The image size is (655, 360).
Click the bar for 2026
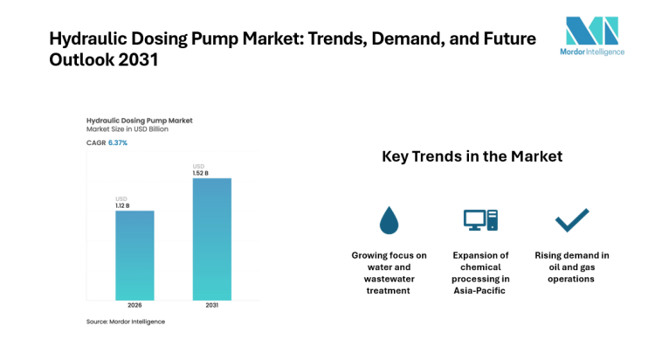(134, 255)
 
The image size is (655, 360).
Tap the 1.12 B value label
(122, 204)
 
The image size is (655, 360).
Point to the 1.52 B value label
(200, 172)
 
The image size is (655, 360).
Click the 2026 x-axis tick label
(134, 306)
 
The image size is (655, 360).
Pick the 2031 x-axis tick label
(211, 306)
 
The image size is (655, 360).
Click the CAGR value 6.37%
(118, 142)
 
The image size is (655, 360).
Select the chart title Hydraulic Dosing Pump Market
(139, 120)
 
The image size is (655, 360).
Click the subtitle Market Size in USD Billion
(127, 129)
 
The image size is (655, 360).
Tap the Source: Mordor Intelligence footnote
(125, 322)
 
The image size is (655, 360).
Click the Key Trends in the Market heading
(472, 157)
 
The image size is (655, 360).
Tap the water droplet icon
(389, 221)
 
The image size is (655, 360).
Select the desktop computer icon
(479, 220)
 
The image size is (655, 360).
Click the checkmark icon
(571, 220)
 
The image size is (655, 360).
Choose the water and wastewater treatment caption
(389, 273)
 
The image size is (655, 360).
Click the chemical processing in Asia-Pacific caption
(479, 273)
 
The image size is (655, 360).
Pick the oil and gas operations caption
(571, 267)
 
